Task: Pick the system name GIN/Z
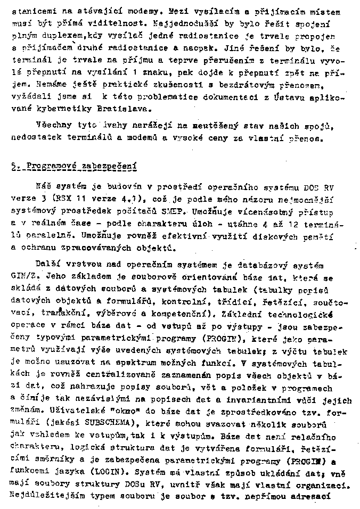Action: click(21, 277)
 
